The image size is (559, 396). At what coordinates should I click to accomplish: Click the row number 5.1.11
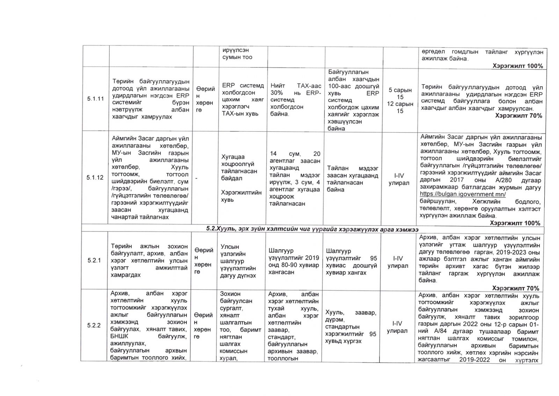[x=95, y=99]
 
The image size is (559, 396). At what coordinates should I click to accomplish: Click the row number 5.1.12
[x=95, y=178]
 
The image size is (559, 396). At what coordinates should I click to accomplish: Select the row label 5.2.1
[x=94, y=261]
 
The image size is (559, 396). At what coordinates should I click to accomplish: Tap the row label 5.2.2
[x=94, y=325]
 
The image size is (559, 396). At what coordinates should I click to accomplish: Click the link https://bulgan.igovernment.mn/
[x=463, y=194]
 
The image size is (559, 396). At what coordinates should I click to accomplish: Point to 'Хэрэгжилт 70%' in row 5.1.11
[x=518, y=116]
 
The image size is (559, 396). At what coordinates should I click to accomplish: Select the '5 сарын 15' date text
[x=400, y=93]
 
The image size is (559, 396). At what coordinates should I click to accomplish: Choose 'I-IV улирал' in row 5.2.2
[x=397, y=327]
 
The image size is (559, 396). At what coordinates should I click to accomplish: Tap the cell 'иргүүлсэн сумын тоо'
[x=237, y=54]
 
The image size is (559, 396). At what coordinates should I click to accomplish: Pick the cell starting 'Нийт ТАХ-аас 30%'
[x=296, y=100]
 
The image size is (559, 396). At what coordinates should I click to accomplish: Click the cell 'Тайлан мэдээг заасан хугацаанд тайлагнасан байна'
[x=352, y=179]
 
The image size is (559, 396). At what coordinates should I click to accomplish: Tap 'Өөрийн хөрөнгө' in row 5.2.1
[x=204, y=261]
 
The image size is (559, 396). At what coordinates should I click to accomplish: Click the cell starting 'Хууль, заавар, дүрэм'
[x=350, y=327]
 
